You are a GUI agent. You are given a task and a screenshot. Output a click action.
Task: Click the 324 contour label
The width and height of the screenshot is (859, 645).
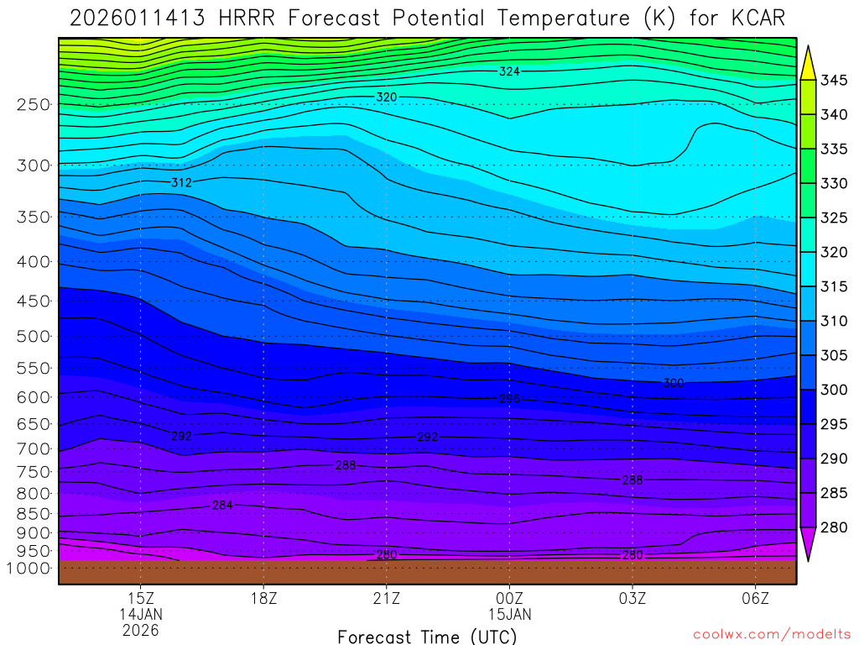[509, 71]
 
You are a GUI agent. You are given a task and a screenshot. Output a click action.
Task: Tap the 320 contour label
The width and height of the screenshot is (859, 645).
[386, 97]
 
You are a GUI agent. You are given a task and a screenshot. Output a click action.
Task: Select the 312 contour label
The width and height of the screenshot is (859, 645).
[181, 182]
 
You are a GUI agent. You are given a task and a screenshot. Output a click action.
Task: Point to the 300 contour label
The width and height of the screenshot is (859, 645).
[674, 383]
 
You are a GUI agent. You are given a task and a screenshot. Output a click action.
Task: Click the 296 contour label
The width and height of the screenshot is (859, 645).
[509, 398]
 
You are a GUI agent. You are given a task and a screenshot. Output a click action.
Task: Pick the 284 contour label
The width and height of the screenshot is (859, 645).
[222, 505]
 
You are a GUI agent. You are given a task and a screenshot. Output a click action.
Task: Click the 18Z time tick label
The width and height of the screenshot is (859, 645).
[263, 599]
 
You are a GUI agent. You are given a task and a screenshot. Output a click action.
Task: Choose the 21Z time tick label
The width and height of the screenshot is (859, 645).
[386, 599]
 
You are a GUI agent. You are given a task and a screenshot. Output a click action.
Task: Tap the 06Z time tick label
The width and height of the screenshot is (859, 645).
[756, 599]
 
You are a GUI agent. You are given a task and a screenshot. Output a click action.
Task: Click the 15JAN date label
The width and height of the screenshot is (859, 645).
[509, 614]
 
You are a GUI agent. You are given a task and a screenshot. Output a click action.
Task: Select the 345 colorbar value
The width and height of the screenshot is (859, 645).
[835, 80]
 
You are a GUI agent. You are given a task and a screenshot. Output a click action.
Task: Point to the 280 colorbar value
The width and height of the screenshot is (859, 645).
[835, 527]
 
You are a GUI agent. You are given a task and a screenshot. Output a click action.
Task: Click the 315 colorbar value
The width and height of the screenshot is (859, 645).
[835, 286]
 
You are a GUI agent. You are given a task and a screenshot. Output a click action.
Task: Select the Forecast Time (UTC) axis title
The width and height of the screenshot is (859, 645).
[427, 636]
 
